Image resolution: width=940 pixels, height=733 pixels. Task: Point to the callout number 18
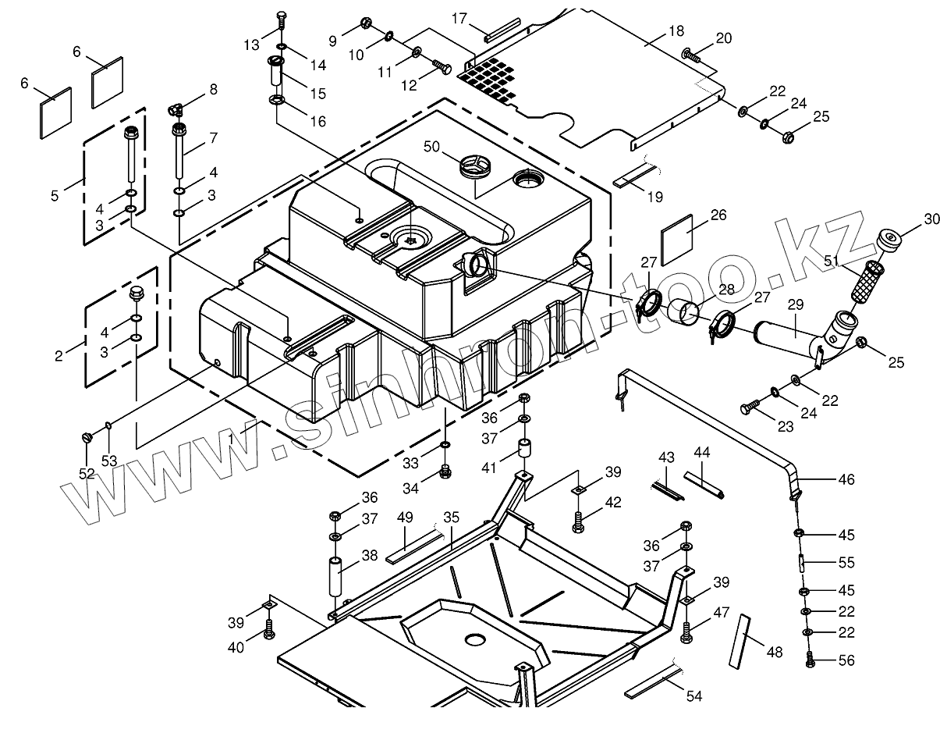point(676,31)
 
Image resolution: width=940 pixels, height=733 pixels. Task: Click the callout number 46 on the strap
point(846,479)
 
